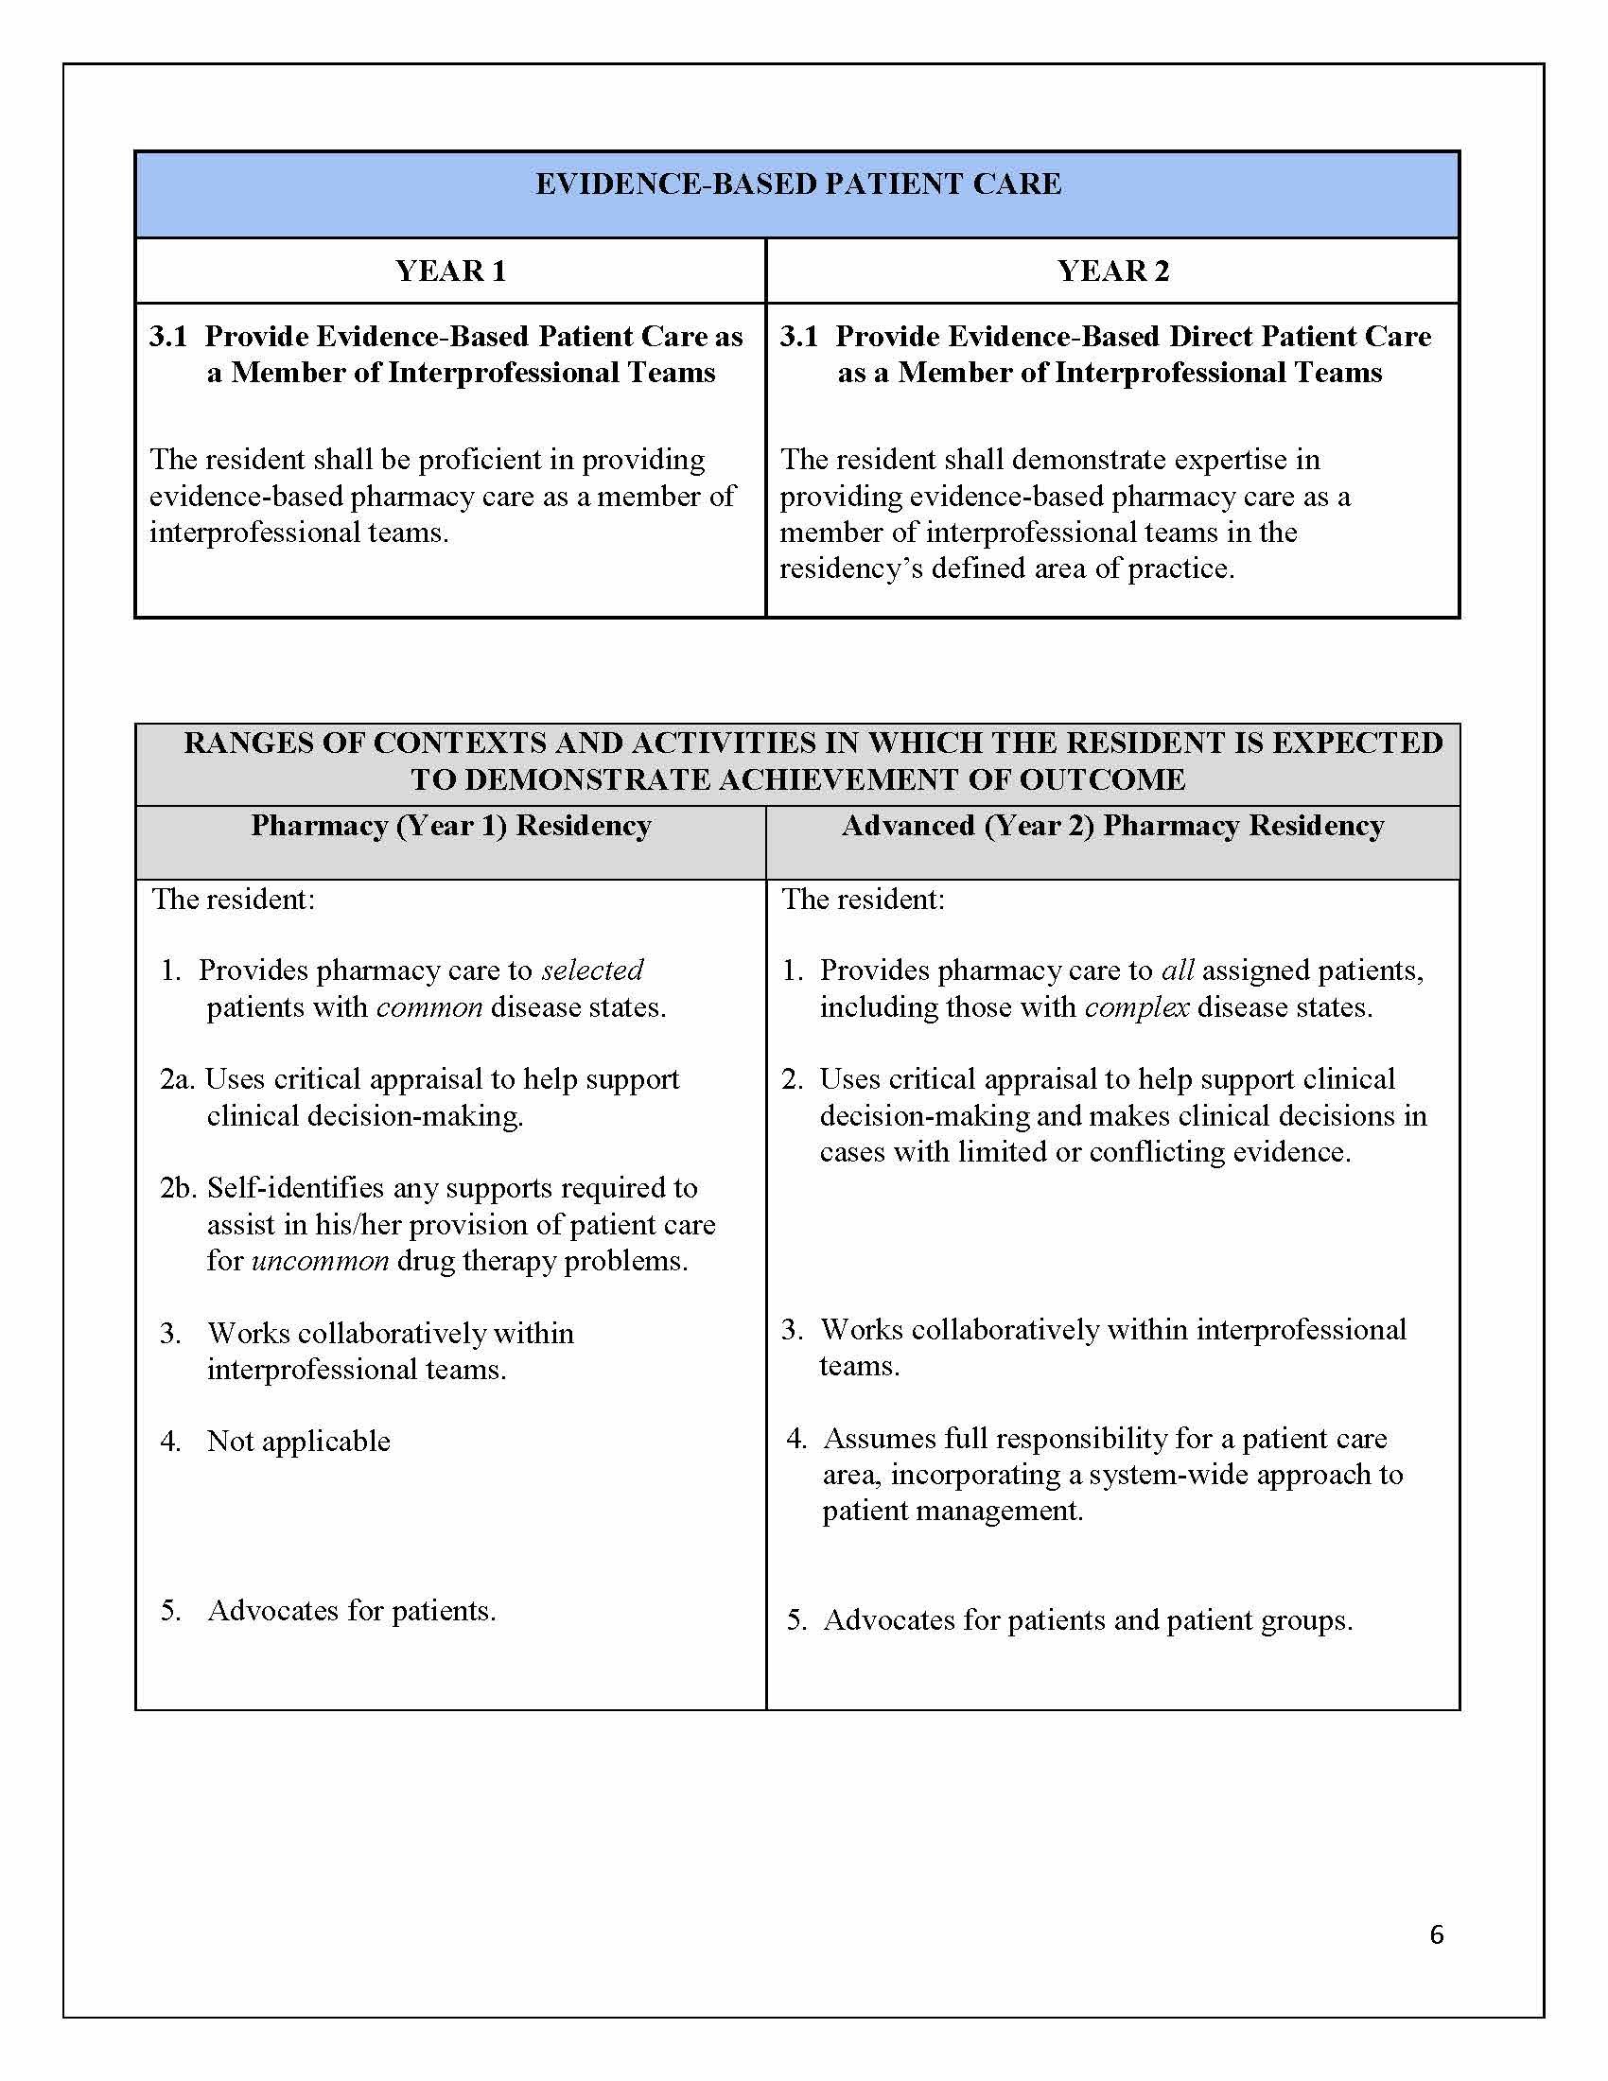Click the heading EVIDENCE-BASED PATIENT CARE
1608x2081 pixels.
tap(797, 184)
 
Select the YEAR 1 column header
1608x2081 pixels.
tap(450, 271)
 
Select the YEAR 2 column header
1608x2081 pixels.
tap(1111, 271)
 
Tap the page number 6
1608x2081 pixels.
tap(1437, 1934)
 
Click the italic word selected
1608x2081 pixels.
tap(591, 970)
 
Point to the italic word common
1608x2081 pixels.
tap(429, 1007)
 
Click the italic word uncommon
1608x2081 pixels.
tap(320, 1261)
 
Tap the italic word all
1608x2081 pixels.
tap(1178, 970)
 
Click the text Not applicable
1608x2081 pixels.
tap(298, 1441)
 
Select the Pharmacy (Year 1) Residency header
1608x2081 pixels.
tap(450, 825)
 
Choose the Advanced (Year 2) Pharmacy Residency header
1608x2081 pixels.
tap(1111, 825)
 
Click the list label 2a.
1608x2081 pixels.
tap(177, 1079)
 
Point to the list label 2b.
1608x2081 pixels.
tap(178, 1188)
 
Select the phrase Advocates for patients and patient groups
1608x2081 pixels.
tap(1087, 1620)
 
